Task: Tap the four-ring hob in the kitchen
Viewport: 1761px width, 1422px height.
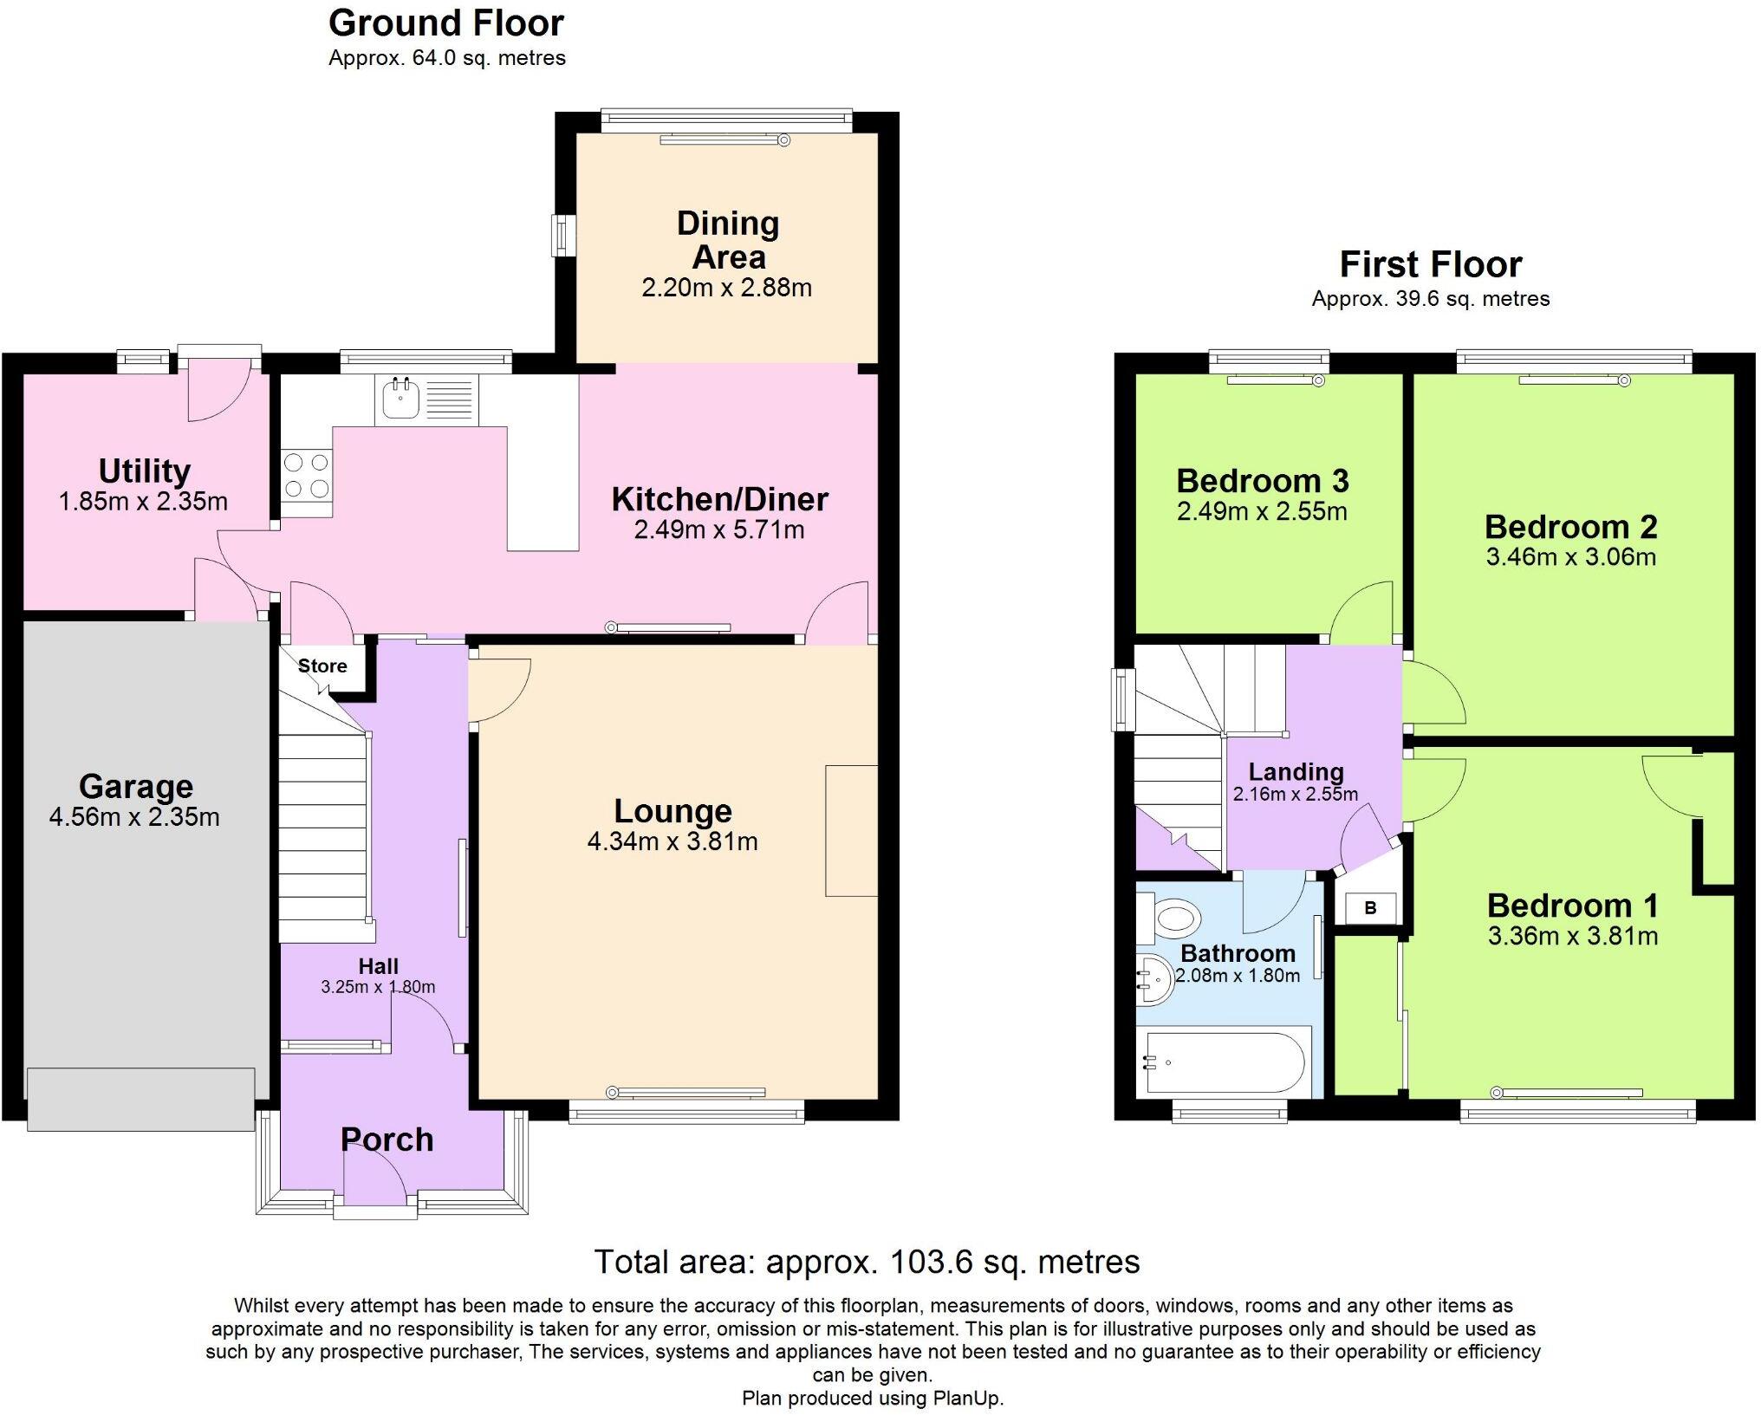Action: [307, 476]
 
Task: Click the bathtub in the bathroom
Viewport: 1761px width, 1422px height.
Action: [1223, 1062]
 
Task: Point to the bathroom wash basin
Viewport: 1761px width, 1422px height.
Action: [1155, 980]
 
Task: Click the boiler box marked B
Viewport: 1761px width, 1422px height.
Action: [1370, 908]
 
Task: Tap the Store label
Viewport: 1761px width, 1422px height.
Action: [322, 666]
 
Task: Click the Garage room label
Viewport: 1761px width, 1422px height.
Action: [136, 786]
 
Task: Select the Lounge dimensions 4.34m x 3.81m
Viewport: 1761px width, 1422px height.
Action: [673, 841]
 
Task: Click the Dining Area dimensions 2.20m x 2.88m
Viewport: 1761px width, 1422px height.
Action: [726, 288]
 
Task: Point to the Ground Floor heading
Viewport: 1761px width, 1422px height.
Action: [445, 23]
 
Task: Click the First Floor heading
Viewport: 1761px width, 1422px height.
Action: [1430, 264]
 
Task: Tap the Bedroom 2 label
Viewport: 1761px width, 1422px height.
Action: [1570, 527]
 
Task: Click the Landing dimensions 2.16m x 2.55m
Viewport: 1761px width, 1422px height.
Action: [1295, 794]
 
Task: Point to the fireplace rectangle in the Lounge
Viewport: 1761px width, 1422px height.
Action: [851, 830]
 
